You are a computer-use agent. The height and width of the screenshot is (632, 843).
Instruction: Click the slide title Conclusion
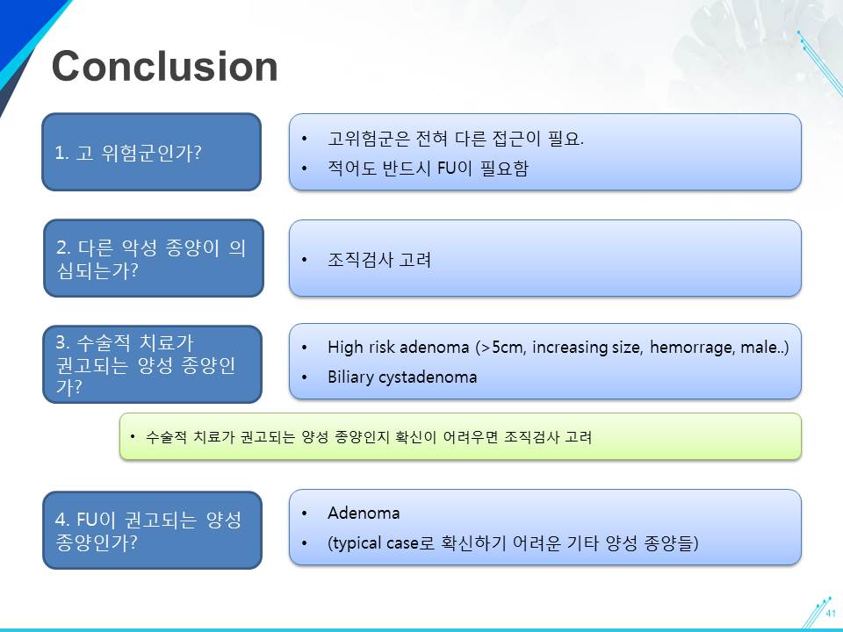pyautogui.click(x=164, y=66)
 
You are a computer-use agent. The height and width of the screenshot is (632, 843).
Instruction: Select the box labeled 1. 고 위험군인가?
pyautogui.click(x=152, y=152)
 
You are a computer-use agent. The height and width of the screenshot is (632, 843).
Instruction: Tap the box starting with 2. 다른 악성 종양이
pyautogui.click(x=153, y=258)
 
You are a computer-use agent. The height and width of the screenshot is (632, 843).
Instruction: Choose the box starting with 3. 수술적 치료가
pyautogui.click(x=152, y=363)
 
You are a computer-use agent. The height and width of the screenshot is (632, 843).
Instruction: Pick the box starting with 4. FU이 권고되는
pyautogui.click(x=152, y=530)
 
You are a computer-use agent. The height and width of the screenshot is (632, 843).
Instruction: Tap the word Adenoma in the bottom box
pyautogui.click(x=364, y=513)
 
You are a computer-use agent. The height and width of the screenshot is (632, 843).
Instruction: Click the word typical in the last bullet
pyautogui.click(x=357, y=543)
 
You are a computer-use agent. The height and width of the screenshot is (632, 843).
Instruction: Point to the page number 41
pyautogui.click(x=832, y=614)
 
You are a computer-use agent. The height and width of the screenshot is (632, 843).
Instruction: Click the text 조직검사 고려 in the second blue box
pyautogui.click(x=379, y=260)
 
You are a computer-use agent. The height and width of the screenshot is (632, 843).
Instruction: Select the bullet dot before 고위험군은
pyautogui.click(x=305, y=140)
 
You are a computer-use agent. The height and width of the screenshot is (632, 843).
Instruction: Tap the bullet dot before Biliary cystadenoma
pyautogui.click(x=305, y=377)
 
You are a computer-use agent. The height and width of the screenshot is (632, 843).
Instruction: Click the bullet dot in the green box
pyautogui.click(x=133, y=436)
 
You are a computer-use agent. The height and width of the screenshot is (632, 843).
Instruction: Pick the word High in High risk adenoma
pyautogui.click(x=345, y=348)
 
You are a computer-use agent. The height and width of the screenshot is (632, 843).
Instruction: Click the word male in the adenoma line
pyautogui.click(x=759, y=348)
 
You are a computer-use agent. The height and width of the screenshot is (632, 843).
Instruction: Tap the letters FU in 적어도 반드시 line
pyautogui.click(x=446, y=169)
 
